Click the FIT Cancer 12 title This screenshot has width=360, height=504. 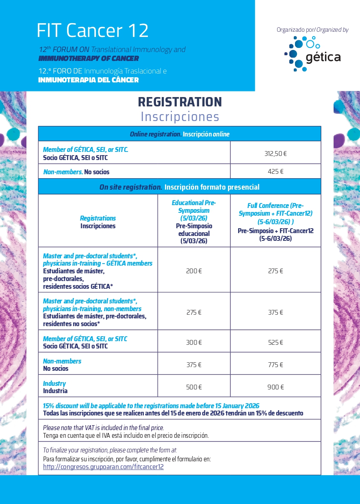point(93,30)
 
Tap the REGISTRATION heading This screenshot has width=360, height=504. point(180,102)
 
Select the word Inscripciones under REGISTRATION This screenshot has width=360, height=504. point(180,117)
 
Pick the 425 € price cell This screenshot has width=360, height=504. point(275,171)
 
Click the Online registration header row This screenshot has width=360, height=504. point(180,134)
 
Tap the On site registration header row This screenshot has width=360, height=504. point(180,187)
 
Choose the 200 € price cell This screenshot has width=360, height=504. point(194,271)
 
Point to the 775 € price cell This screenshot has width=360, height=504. point(275,365)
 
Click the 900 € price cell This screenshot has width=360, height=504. point(275,387)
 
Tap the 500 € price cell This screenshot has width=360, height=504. point(194,387)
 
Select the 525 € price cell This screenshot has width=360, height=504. point(275,342)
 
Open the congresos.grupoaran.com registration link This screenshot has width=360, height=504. point(103,467)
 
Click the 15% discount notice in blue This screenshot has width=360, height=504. point(151,406)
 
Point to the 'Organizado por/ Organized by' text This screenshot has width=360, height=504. point(312,30)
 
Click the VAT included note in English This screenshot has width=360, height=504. point(103,428)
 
